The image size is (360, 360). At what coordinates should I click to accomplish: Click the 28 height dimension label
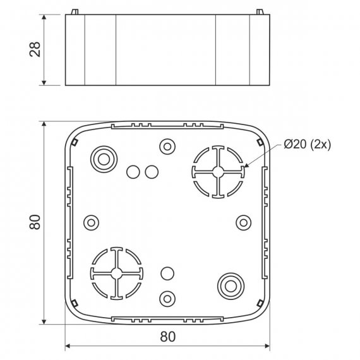35,49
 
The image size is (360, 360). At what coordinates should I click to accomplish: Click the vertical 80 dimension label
35,222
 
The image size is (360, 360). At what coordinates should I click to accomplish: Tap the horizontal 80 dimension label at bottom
168,337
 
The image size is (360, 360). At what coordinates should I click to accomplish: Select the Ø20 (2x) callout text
308,145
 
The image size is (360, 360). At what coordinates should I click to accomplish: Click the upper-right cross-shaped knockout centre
218,172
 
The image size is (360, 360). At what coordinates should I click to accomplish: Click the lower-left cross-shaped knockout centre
117,273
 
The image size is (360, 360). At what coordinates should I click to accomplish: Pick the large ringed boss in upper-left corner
104,159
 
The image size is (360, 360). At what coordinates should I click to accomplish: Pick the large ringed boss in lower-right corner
231,286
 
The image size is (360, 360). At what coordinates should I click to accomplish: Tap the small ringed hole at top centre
167,147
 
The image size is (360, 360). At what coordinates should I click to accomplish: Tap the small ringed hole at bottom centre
167,299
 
